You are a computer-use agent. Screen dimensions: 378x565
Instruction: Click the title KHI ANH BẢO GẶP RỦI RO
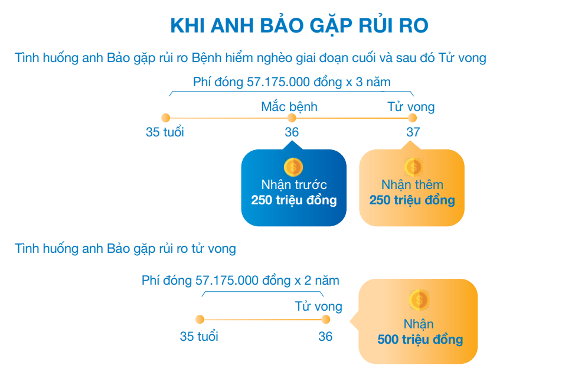click(299, 27)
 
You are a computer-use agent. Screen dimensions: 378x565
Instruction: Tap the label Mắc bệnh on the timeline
click(289, 107)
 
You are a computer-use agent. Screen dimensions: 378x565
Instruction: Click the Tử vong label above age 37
click(411, 107)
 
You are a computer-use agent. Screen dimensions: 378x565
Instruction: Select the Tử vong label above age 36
click(319, 307)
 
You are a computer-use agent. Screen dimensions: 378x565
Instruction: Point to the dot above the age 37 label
click(413, 118)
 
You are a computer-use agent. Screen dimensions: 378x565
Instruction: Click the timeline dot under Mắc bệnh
click(291, 118)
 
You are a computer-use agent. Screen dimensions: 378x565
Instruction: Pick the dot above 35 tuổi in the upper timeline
click(165, 118)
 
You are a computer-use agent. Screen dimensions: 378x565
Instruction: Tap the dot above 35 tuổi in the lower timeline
click(200, 320)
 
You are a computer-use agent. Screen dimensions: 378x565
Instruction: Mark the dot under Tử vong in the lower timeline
click(325, 320)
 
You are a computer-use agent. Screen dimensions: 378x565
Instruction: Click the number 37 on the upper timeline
click(413, 132)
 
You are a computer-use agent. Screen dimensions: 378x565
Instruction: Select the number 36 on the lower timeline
click(325, 337)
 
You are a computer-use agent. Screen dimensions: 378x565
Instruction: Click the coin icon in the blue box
click(293, 167)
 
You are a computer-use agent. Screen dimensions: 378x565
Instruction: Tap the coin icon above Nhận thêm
click(413, 167)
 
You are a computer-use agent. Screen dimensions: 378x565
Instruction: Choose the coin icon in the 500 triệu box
click(419, 300)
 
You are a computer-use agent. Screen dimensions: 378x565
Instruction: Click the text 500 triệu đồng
click(420, 340)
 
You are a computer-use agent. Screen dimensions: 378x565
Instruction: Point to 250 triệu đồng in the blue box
click(294, 200)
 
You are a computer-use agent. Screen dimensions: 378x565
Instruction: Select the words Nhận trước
click(294, 185)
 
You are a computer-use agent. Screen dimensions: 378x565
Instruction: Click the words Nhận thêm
click(412, 185)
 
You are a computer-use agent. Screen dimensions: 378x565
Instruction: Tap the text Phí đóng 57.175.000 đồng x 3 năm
click(292, 82)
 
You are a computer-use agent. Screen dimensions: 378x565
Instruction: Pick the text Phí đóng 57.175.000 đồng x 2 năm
click(240, 281)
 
